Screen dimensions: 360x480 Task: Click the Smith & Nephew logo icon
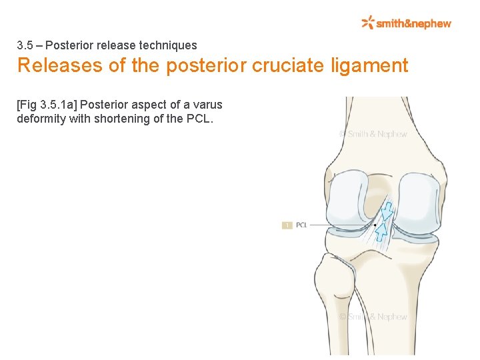coord(368,23)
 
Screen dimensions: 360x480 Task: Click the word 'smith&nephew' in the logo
coord(414,23)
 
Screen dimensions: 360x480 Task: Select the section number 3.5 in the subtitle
coord(25,45)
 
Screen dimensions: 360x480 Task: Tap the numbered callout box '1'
coord(287,225)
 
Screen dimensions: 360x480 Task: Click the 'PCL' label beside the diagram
coord(301,225)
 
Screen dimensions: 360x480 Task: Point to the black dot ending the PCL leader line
coord(375,225)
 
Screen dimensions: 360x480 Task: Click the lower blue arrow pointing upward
coord(383,231)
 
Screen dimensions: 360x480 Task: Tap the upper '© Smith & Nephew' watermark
coord(373,134)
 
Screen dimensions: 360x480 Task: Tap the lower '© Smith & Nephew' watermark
coord(373,317)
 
